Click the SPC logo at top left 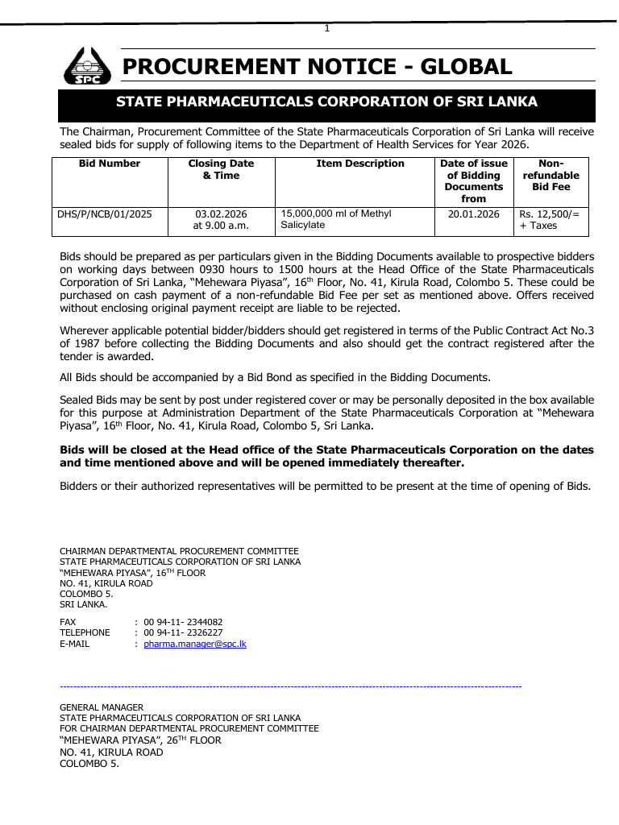tap(85, 66)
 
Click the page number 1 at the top tap(326, 28)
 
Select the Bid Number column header tap(110, 164)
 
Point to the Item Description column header tap(360, 164)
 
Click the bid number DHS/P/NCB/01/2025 tap(104, 214)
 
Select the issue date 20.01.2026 tap(474, 214)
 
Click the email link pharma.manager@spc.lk tap(195, 645)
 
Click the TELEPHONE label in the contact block tap(85, 633)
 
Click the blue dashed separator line tap(291, 686)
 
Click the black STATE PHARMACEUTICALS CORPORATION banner tap(326, 102)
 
